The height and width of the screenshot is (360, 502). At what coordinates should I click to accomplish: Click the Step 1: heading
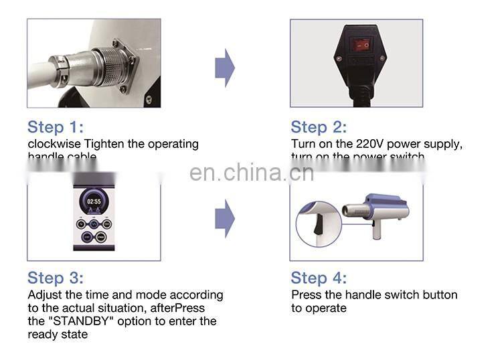pos(56,127)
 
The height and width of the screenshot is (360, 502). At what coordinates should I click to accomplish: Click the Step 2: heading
pos(319,127)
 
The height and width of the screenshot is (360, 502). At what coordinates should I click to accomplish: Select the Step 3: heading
pos(56,278)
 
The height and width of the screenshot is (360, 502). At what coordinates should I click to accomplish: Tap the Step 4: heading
pos(319,278)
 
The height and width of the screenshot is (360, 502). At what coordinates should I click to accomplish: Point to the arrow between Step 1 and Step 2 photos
pos(224,68)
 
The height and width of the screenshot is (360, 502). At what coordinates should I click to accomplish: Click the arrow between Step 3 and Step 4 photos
pos(224,218)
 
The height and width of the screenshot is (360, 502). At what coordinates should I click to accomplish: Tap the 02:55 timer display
pos(93,201)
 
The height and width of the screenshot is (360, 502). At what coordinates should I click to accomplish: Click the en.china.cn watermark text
pos(251,173)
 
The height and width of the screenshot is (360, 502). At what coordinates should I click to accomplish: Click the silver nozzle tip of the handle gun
pos(349,211)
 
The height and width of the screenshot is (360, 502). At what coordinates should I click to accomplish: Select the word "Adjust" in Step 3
pos(44,295)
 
